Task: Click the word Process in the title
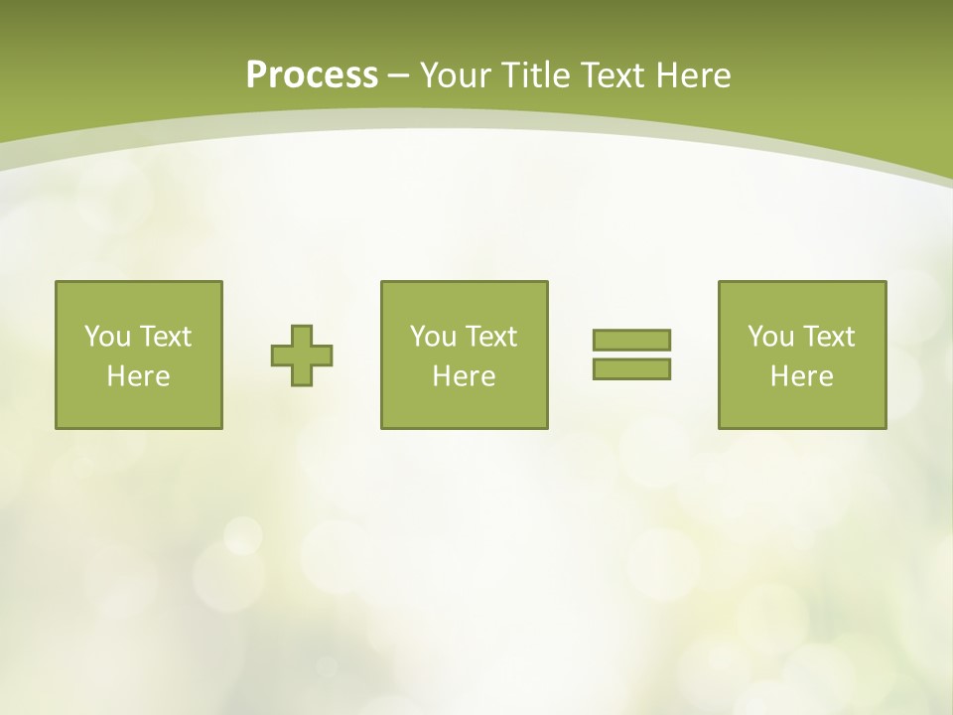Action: [312, 75]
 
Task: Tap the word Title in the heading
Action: [533, 75]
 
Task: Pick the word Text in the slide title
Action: [613, 75]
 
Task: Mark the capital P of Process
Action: [256, 75]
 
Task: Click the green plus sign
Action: [302, 355]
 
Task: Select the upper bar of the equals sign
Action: [631, 340]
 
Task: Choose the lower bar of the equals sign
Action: [631, 369]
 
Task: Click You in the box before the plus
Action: [105, 337]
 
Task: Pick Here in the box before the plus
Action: [138, 376]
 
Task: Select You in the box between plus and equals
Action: [432, 337]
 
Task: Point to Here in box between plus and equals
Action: [464, 376]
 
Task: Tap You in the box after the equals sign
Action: [769, 337]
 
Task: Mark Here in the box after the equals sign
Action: [801, 376]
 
